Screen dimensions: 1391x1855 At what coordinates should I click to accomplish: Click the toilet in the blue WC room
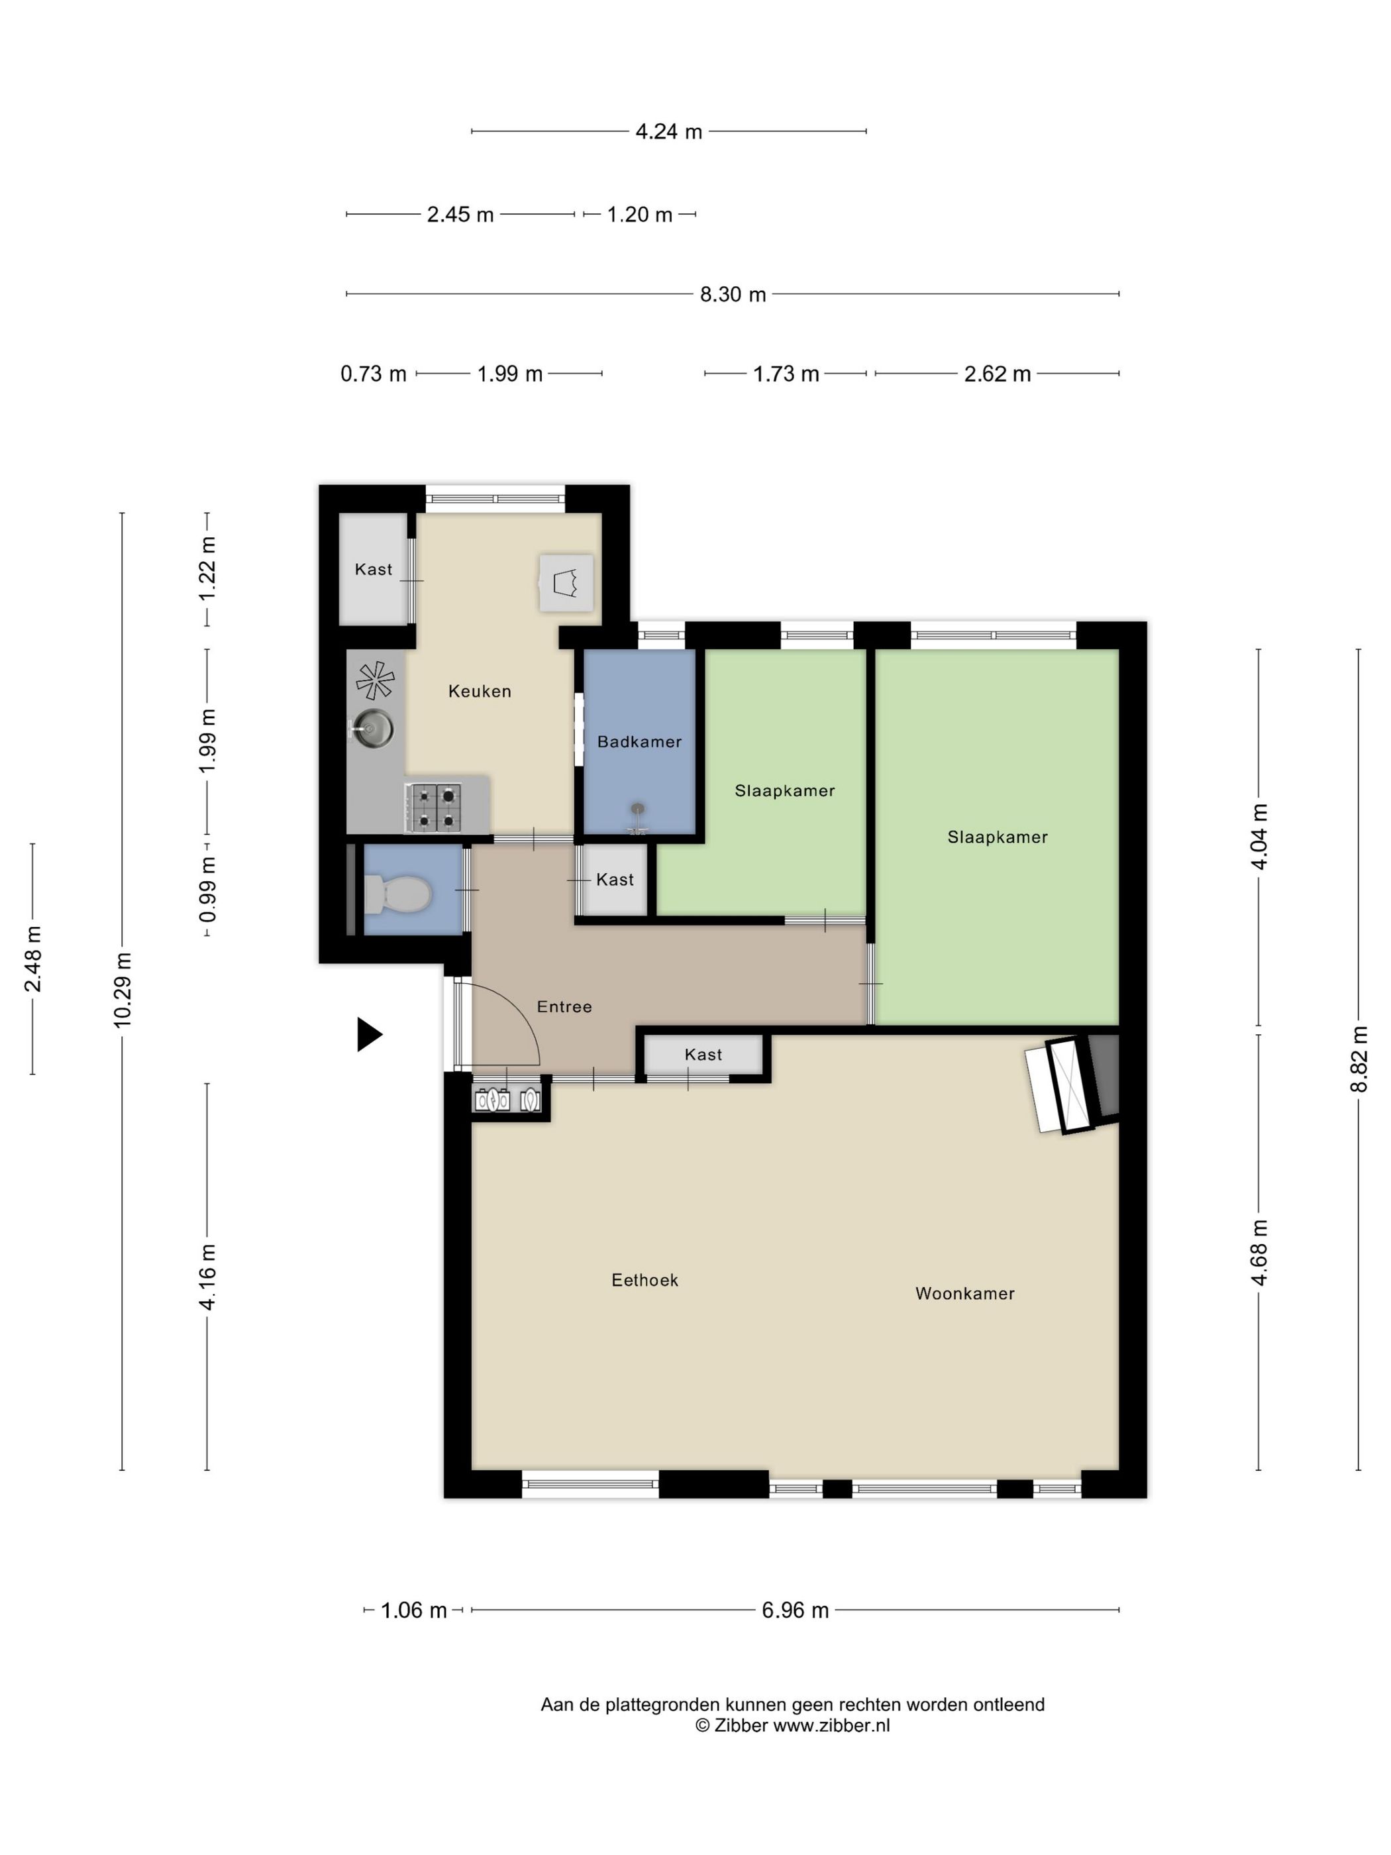[x=398, y=893]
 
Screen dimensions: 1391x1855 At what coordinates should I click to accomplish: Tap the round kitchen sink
[x=372, y=725]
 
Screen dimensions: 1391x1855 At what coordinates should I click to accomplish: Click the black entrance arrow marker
[x=369, y=1034]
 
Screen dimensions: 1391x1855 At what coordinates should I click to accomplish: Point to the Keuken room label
[x=480, y=691]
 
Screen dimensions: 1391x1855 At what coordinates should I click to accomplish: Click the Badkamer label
[x=639, y=741]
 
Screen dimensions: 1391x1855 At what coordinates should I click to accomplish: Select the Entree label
[x=564, y=1006]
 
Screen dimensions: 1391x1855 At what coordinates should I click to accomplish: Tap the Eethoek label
[x=644, y=1280]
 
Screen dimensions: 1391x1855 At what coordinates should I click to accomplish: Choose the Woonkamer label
[x=965, y=1293]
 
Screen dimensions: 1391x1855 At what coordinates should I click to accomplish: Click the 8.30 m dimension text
[x=733, y=294]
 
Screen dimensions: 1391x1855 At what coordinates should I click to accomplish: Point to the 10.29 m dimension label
[x=123, y=990]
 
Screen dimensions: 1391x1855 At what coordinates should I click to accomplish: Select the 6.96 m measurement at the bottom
[x=795, y=1610]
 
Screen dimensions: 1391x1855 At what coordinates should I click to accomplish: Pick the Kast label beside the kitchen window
[x=373, y=569]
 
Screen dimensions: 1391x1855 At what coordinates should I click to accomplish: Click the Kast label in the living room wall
[x=703, y=1054]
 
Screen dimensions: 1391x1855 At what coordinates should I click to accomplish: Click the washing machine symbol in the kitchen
[x=566, y=582]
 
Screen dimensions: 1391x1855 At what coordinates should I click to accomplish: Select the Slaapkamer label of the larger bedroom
[x=997, y=836]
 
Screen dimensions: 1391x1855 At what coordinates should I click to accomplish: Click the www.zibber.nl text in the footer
[x=831, y=1725]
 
